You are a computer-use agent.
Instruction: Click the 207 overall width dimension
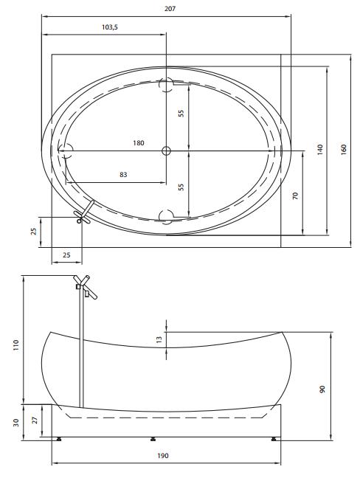point(170,9)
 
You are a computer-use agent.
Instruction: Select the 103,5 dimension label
point(110,27)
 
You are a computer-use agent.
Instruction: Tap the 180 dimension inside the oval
point(139,142)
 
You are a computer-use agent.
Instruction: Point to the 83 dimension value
point(123,175)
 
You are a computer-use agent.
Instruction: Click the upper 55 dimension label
point(181,114)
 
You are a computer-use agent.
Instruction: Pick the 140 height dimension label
point(319,150)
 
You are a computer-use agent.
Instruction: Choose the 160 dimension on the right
point(344,150)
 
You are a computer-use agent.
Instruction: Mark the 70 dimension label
point(295,195)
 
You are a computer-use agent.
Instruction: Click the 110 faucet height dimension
point(15,345)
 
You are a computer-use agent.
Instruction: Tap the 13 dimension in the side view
point(159,339)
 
